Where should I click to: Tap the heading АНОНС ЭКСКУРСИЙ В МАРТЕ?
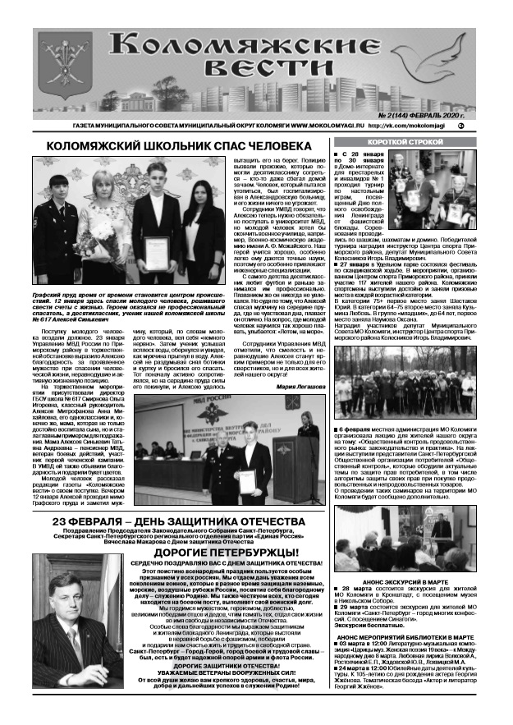click(x=406, y=580)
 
